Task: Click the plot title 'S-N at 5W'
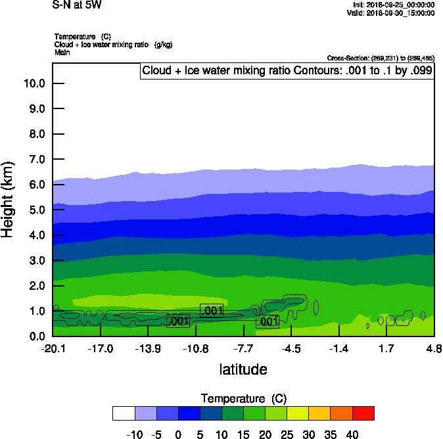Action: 77,5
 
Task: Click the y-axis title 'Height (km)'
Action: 9,199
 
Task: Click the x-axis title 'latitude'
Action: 243,369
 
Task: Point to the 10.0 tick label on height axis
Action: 34,83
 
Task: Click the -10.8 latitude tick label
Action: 196,348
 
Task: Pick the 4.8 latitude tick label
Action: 434,348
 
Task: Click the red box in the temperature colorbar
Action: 363,413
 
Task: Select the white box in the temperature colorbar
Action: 124,413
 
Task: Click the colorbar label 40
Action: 352,434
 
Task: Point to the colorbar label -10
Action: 134,434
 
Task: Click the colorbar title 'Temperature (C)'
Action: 243,399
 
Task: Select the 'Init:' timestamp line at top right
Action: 393,5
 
